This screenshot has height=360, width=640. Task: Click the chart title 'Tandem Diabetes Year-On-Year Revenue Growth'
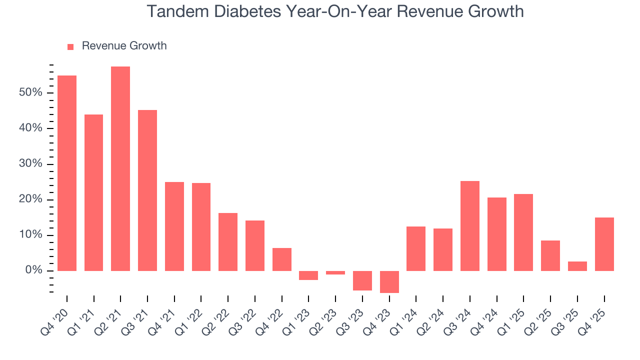point(335,11)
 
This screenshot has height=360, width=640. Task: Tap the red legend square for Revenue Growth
point(70,46)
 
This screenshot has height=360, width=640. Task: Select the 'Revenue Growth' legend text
point(124,46)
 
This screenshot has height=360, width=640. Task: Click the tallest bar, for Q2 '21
point(120,168)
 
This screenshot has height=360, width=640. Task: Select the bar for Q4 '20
point(67,173)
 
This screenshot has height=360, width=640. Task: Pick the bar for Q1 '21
point(93,192)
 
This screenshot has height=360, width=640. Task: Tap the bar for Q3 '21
point(147,190)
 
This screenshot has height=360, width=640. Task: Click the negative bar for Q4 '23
point(389,281)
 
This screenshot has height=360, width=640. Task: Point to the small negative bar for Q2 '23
point(335,273)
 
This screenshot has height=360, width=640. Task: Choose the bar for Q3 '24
point(470,226)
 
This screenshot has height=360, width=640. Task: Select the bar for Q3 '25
point(577,266)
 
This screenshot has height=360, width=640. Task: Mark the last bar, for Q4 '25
point(604,244)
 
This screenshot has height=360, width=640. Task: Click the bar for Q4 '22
point(282,259)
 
